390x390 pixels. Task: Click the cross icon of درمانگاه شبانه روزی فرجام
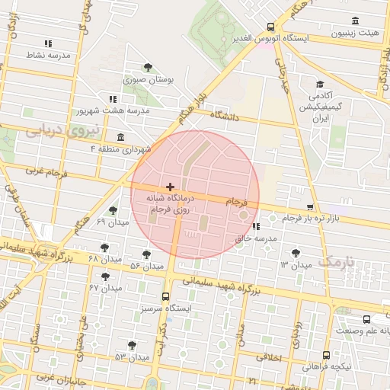tap(169, 187)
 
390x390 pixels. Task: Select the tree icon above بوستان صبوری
tap(149, 67)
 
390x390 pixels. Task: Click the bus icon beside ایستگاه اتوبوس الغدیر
tap(271, 27)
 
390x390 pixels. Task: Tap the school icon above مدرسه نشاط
tap(49, 44)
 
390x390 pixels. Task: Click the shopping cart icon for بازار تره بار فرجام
tap(309, 207)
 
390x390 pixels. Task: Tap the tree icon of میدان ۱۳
tap(296, 253)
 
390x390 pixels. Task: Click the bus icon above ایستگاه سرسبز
tap(166, 297)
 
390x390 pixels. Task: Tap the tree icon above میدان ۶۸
tap(104, 248)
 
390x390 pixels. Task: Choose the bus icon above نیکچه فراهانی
tap(327, 355)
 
